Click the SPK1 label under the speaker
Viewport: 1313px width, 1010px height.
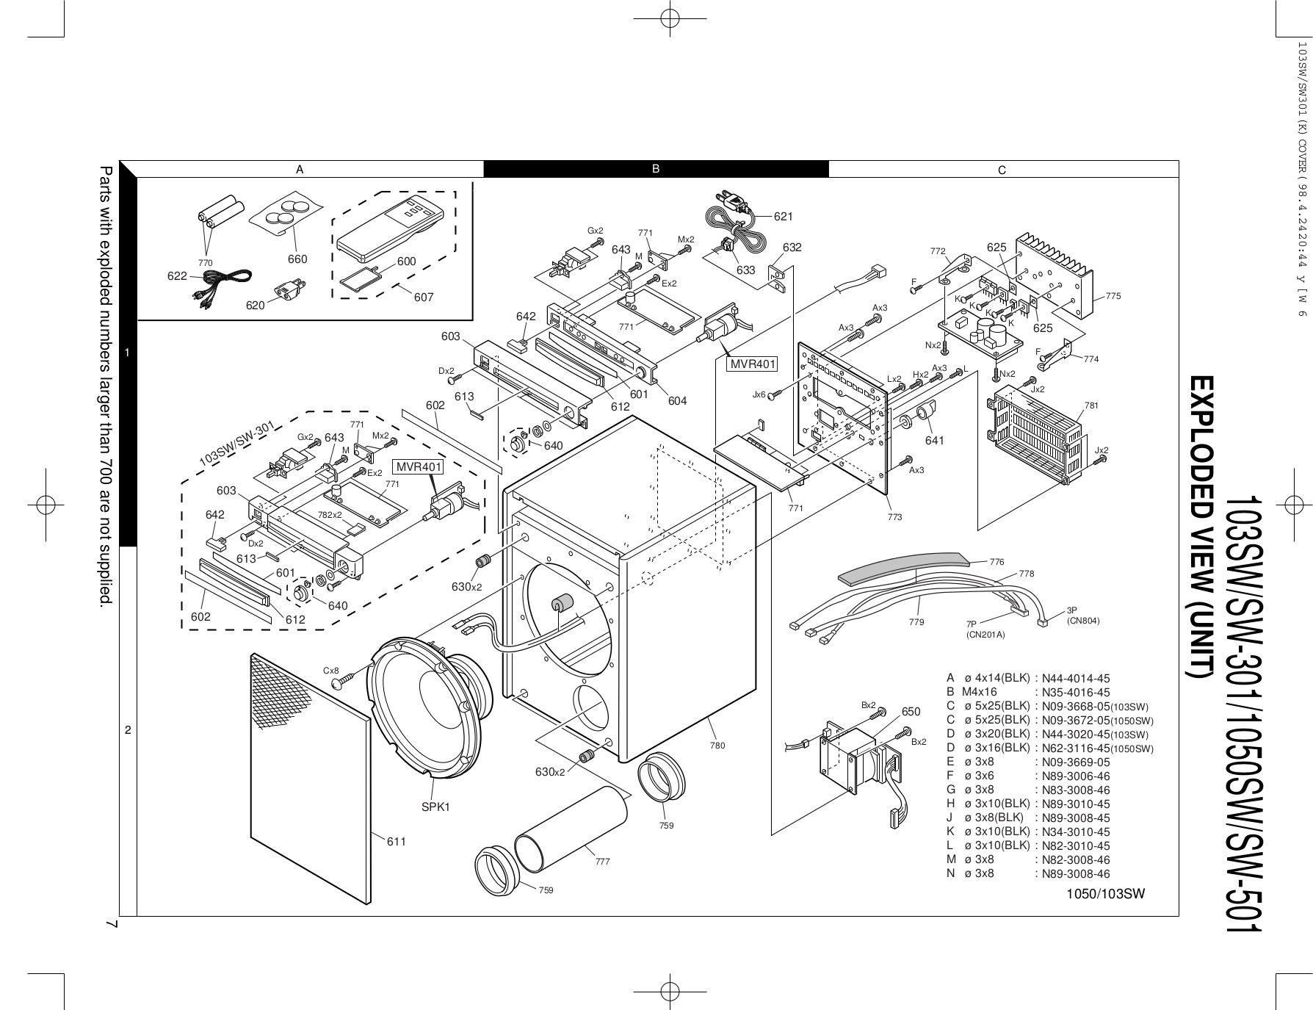click(x=435, y=807)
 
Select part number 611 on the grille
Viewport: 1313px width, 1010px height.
click(x=397, y=841)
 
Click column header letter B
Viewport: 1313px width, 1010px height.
click(x=656, y=169)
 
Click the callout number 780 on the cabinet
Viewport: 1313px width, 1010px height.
click(x=717, y=746)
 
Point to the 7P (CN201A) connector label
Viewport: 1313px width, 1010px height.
click(x=985, y=629)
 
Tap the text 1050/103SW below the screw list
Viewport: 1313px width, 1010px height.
click(x=1106, y=893)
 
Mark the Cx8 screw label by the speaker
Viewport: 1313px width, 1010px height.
click(x=331, y=671)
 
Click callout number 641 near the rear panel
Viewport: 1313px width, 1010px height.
click(x=935, y=440)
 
